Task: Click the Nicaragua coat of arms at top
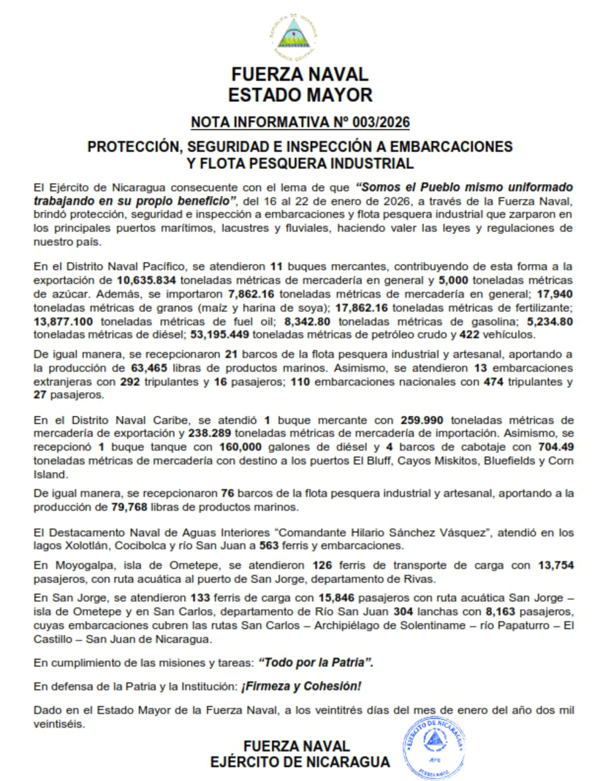coord(294,37)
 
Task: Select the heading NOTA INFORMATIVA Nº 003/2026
coord(300,121)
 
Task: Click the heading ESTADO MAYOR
coord(300,95)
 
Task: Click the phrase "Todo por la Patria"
coord(316,663)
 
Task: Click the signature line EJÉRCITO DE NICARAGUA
coord(300,762)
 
